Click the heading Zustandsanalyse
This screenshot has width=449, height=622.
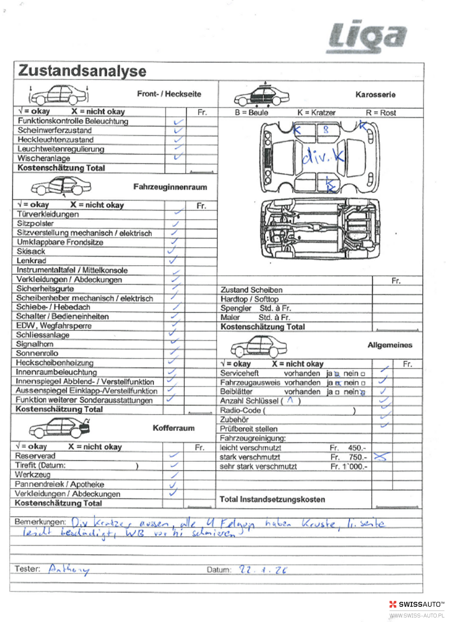tap(82, 71)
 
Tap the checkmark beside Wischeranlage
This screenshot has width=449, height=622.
tap(178, 157)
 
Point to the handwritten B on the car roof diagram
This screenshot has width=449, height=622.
tap(326, 130)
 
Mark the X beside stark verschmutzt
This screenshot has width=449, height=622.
tap(381, 457)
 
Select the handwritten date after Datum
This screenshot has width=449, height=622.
tap(263, 570)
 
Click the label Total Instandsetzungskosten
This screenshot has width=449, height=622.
tap(272, 499)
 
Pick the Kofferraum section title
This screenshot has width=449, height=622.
tap(173, 428)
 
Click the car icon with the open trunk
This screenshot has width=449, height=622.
tap(59, 428)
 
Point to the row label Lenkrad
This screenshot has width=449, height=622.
tap(31, 261)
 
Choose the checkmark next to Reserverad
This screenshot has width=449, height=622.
tap(174, 455)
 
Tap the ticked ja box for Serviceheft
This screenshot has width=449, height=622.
tap(337, 374)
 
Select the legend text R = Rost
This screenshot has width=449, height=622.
tap(381, 113)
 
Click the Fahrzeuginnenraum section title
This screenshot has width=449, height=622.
tap(170, 187)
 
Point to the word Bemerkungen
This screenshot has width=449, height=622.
tap(40, 522)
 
